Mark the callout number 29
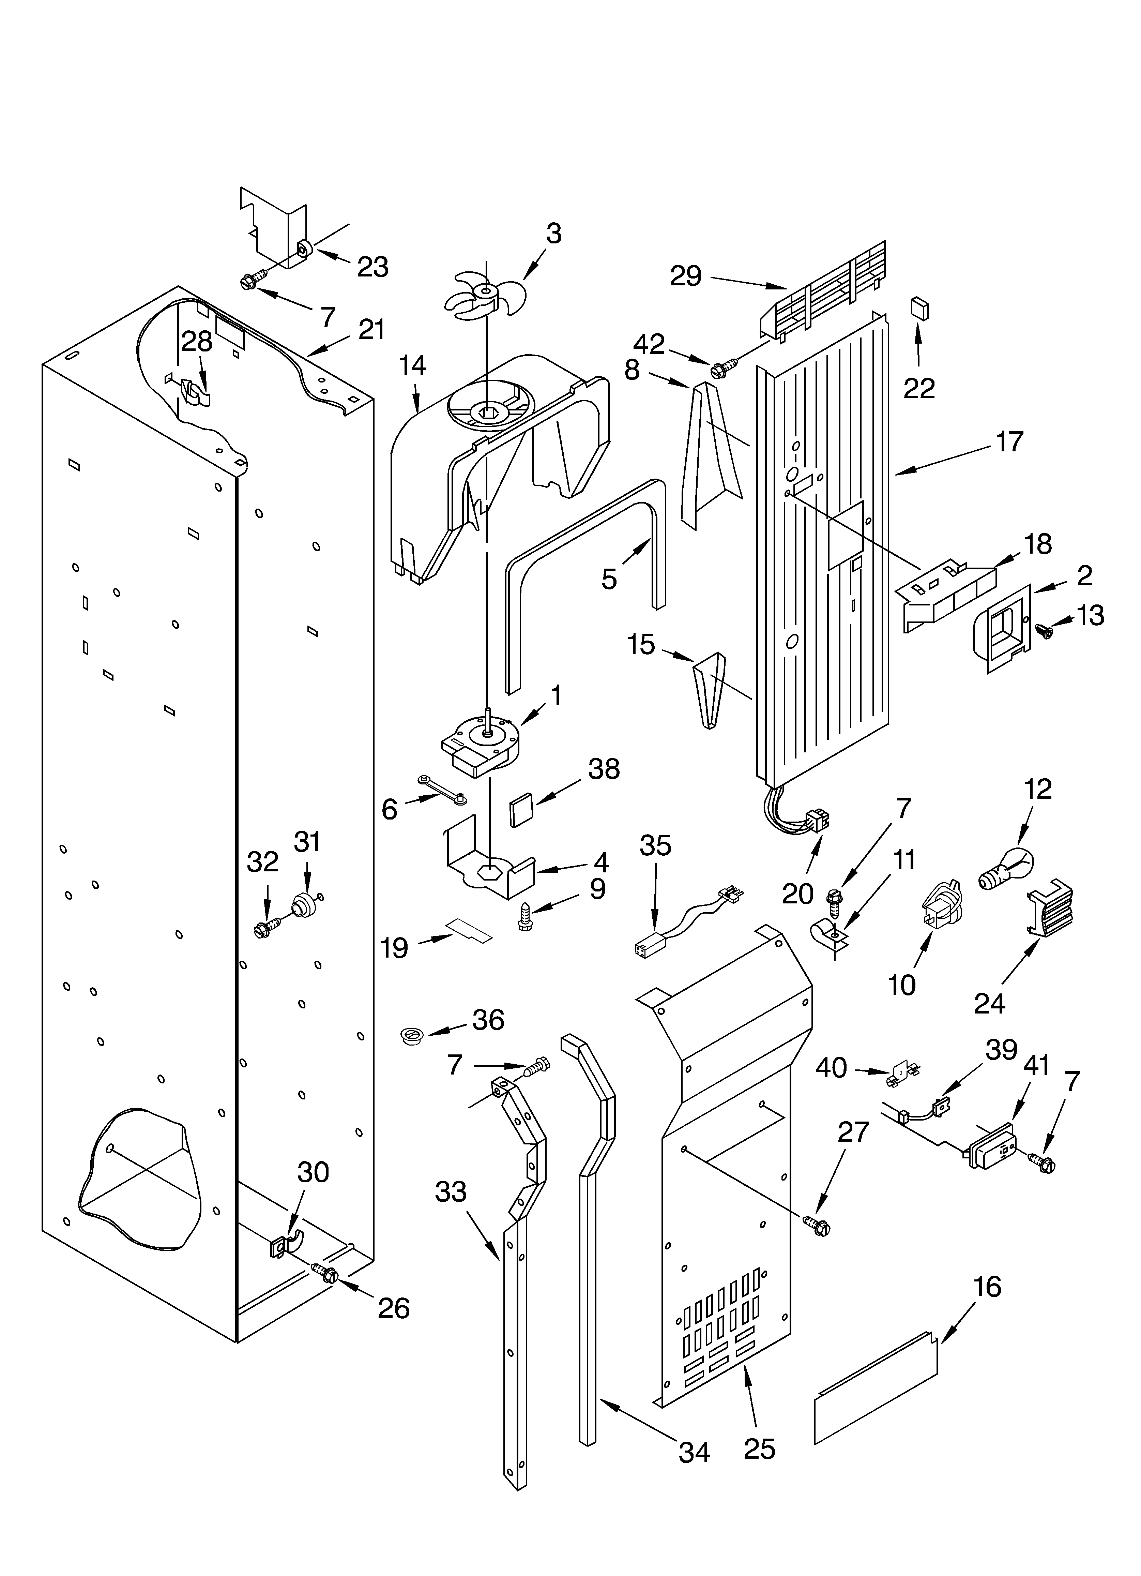[x=686, y=276]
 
